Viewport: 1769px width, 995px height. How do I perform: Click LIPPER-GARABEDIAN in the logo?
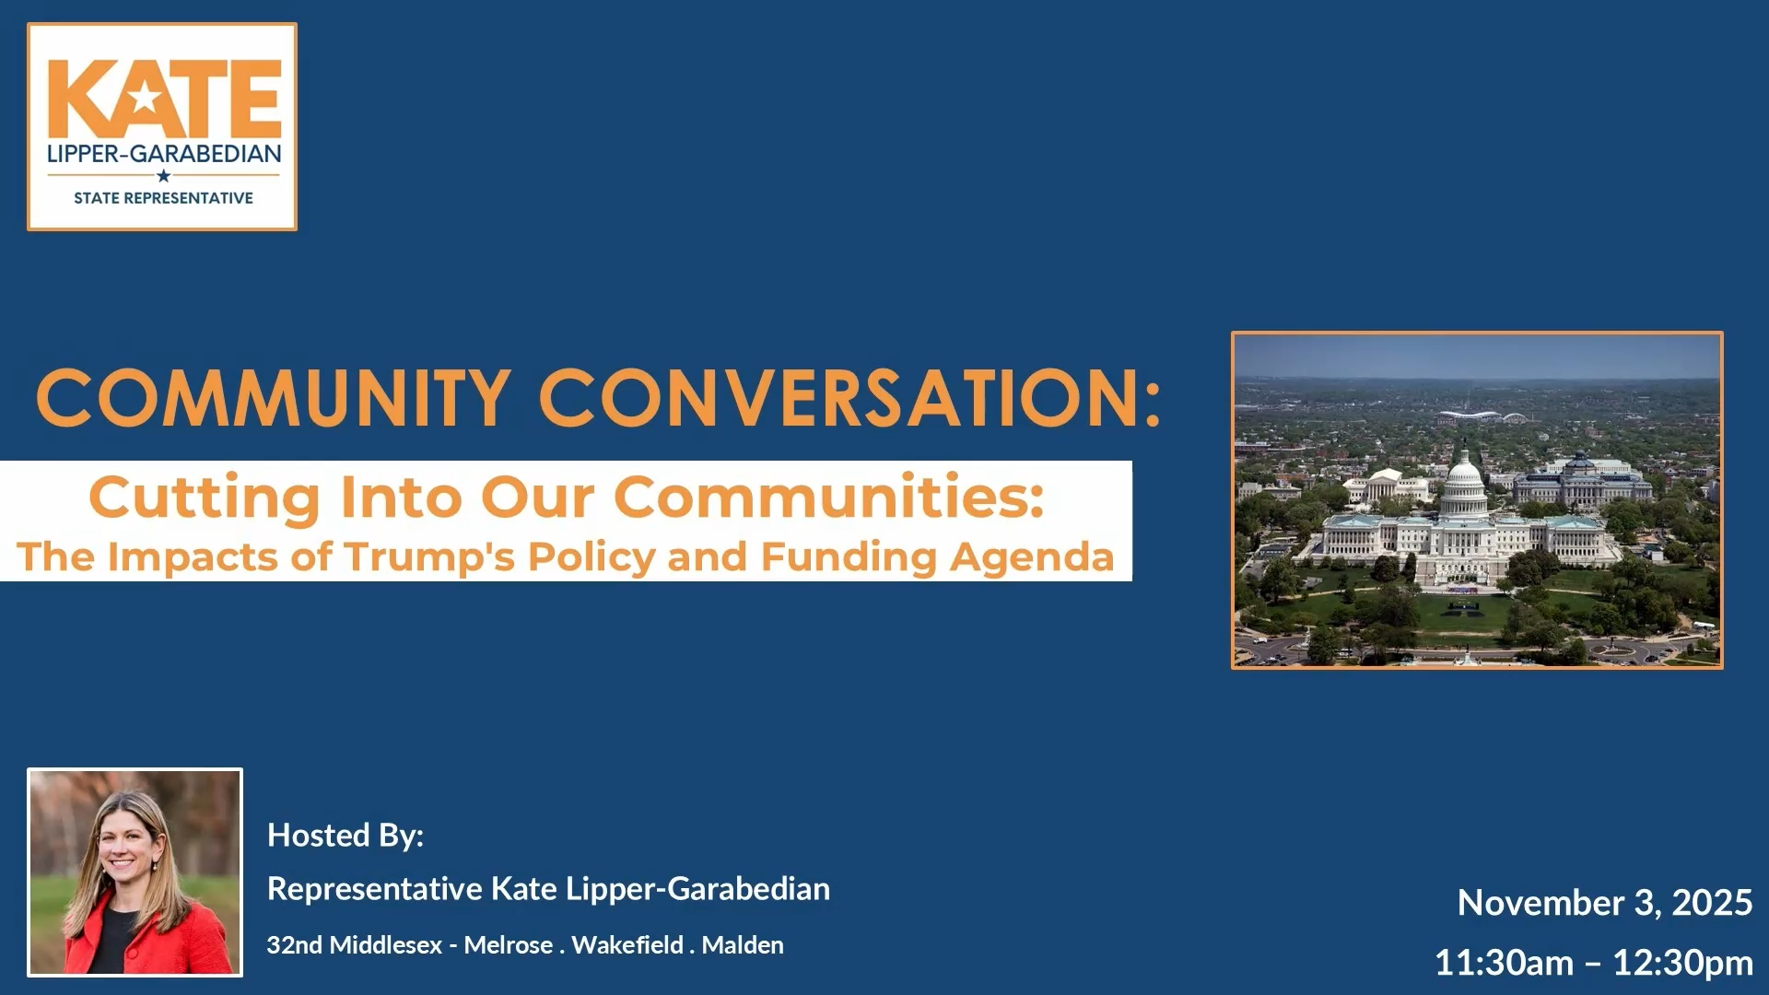tap(164, 154)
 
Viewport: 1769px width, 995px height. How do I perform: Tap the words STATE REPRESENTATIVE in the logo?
tap(163, 198)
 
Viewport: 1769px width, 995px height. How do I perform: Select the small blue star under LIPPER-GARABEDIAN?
tap(163, 176)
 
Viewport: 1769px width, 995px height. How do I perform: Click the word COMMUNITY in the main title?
tap(273, 398)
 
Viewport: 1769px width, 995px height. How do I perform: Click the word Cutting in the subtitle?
tap(204, 497)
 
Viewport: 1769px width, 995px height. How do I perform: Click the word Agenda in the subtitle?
tap(1032, 557)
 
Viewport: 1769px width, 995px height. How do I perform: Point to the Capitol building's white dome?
tap(1463, 484)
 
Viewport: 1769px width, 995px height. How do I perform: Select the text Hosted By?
tap(346, 836)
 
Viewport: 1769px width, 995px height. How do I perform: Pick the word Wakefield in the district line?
tap(627, 945)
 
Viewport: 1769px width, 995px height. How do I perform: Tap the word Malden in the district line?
tap(743, 945)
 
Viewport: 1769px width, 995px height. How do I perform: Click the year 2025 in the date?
tap(1712, 903)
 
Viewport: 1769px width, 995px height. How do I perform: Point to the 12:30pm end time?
tap(1682, 963)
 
